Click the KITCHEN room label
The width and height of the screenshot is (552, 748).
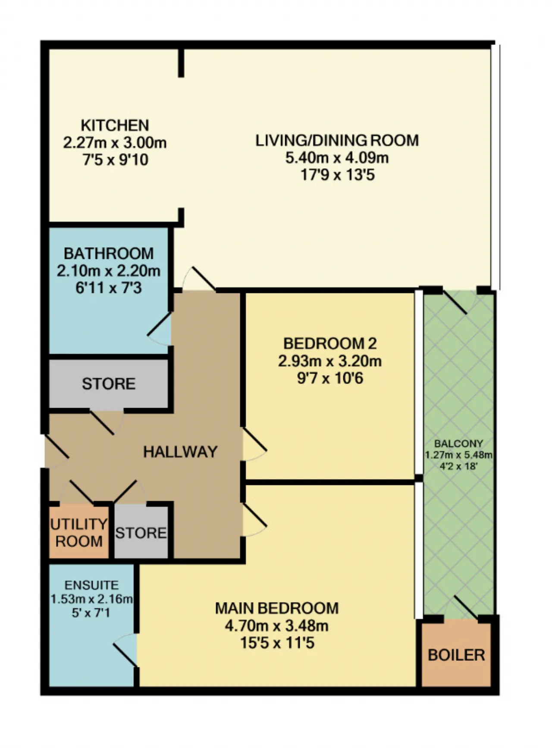115,126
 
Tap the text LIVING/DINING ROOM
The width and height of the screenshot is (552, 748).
337,141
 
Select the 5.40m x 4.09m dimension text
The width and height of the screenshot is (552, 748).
337,158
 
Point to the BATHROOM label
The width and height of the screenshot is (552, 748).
109,253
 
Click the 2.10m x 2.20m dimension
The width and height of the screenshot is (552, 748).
109,271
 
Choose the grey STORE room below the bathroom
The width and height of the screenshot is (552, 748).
108,383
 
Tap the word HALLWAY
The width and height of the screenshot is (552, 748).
180,452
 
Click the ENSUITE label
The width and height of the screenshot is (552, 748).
91,585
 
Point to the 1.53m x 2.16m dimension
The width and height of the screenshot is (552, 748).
91,599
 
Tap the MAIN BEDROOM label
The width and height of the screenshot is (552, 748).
277,608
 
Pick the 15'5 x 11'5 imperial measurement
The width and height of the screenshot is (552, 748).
277,643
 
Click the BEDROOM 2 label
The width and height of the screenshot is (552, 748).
330,344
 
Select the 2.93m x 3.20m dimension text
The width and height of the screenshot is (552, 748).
330,361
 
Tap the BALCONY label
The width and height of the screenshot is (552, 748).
458,443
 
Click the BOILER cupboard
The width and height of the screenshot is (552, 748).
456,654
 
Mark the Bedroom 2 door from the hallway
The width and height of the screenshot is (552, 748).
254,444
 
